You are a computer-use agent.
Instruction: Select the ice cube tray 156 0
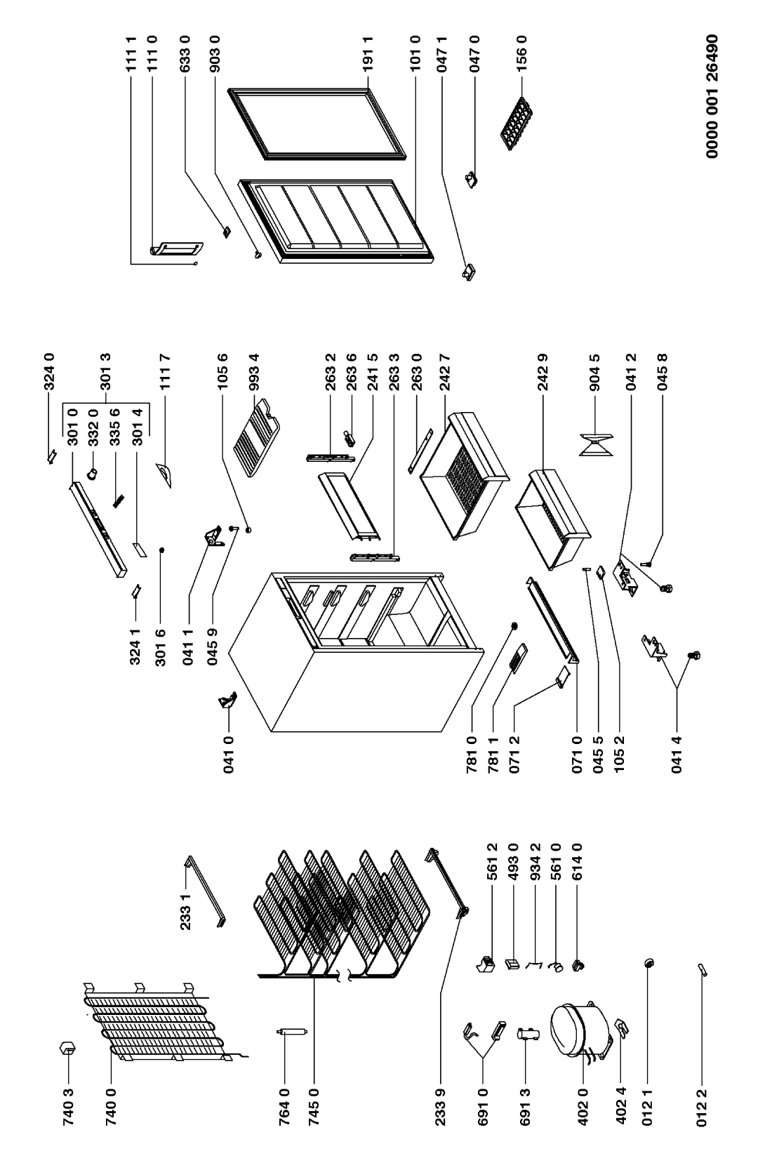(514, 126)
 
